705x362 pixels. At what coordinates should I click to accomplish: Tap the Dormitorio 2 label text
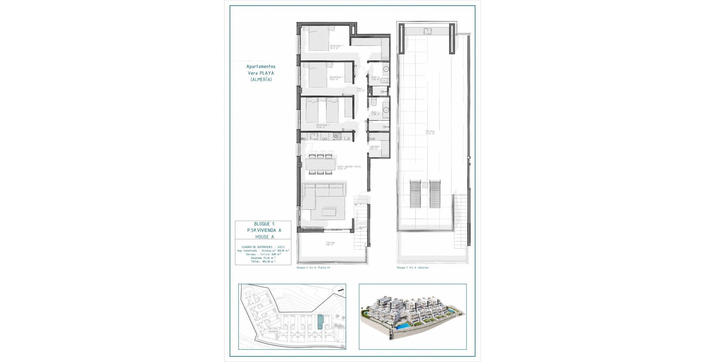pos(336,78)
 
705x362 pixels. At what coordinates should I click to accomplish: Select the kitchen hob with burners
pos(337,137)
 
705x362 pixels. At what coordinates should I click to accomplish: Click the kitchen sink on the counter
pos(314,136)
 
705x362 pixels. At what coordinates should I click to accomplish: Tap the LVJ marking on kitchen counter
pos(325,139)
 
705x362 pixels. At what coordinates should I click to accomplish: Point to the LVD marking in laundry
pos(372,139)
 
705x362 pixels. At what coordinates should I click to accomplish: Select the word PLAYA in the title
pos(267,73)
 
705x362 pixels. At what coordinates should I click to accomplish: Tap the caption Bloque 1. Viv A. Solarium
pos(412,268)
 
